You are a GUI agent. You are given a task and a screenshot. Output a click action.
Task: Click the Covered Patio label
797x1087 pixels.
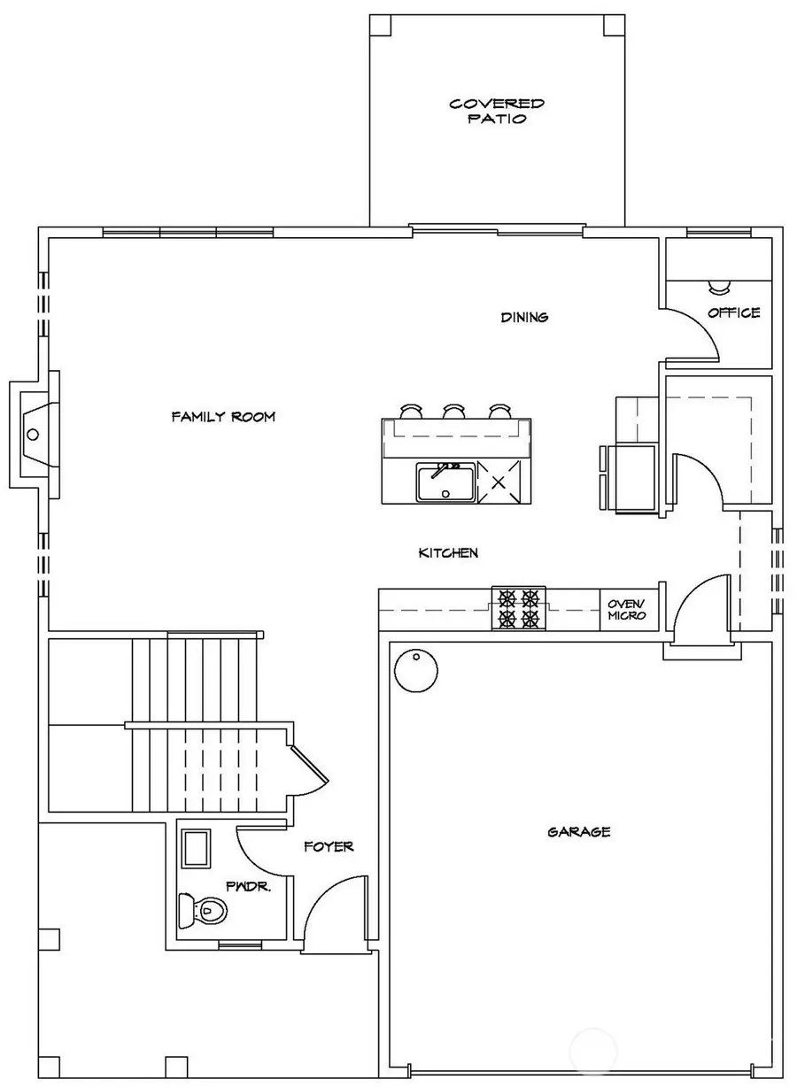point(496,112)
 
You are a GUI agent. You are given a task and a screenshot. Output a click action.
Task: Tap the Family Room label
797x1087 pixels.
point(223,416)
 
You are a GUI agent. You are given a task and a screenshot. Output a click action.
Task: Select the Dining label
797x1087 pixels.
point(524,317)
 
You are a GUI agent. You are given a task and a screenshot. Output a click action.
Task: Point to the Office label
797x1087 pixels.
point(733,312)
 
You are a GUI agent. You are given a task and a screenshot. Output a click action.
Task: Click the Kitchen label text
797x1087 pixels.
point(448,553)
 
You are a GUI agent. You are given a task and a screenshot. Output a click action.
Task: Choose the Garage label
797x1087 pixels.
point(578,832)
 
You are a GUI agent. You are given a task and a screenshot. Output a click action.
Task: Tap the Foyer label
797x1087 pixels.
point(329,846)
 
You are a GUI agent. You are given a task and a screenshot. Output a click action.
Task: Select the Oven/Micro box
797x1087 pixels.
point(629,610)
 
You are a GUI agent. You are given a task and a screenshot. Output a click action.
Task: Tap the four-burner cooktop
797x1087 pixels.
point(519,608)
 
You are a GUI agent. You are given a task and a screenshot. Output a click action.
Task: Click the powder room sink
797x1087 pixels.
point(195,849)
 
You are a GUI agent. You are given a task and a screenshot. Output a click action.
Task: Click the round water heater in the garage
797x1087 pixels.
point(415,673)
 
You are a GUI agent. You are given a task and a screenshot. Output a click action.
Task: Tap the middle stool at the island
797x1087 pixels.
point(454,412)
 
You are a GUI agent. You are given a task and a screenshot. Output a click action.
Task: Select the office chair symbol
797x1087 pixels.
point(716,286)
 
